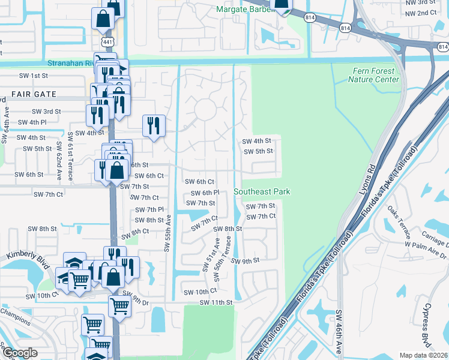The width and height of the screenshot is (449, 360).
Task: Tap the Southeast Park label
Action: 262,191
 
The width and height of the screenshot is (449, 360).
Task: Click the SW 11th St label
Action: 215,302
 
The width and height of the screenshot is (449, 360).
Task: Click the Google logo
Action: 20,353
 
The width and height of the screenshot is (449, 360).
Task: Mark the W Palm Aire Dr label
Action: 426,250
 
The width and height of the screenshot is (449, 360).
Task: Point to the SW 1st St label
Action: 33,76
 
